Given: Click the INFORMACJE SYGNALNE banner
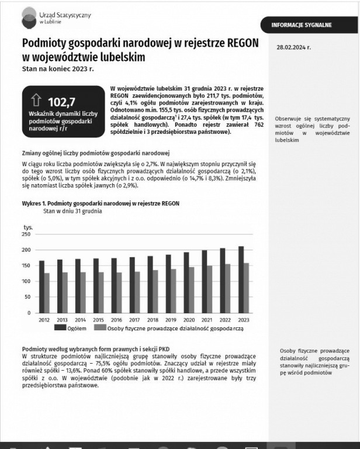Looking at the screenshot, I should (302, 25).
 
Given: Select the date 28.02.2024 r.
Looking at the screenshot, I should (293, 47).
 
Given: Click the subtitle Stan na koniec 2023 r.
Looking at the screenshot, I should (57, 68).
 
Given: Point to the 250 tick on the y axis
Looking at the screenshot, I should (26, 234).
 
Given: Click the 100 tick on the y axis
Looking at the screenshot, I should (26, 281).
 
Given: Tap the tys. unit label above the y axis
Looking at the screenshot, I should (28, 226).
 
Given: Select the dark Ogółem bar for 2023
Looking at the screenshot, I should (241, 279).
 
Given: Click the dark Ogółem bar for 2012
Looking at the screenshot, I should (41, 286).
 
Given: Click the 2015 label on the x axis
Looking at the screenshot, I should (98, 320).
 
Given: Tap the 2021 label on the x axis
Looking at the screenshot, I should (207, 320).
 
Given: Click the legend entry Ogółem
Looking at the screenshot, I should (73, 329).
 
